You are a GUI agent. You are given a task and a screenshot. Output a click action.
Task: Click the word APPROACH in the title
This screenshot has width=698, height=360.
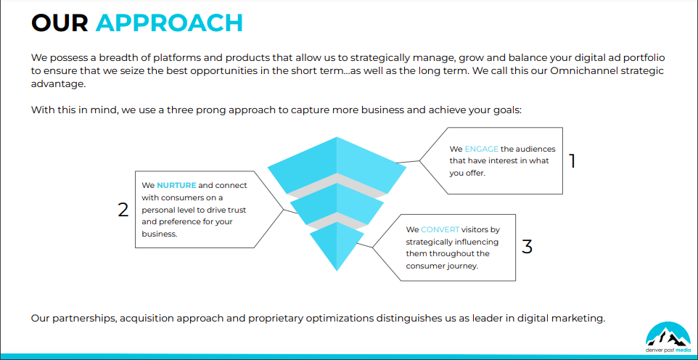click(x=169, y=22)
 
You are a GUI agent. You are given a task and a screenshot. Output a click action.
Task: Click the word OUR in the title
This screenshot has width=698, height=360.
click(x=59, y=22)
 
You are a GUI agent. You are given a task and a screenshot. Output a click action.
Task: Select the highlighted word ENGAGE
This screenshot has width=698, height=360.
click(x=482, y=150)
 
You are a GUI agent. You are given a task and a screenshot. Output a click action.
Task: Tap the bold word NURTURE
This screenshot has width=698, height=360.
click(x=176, y=185)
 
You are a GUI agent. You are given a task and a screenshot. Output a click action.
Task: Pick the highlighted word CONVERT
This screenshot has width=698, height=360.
click(x=440, y=230)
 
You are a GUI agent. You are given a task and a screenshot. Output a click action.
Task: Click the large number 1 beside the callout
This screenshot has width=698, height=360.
click(x=572, y=161)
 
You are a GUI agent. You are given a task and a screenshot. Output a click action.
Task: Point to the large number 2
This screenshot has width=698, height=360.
click(x=123, y=210)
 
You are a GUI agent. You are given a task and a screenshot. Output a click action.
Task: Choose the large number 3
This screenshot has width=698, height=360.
click(x=527, y=246)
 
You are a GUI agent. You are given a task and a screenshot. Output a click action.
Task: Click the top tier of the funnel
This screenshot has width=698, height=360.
click(x=337, y=165)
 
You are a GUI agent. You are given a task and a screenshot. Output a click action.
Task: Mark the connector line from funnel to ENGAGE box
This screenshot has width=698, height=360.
click(x=408, y=162)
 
